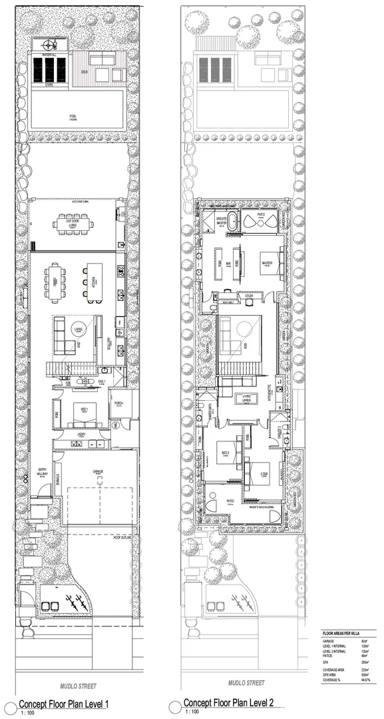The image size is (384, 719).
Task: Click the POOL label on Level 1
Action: [73, 116]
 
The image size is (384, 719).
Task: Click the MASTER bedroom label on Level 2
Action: [267, 262]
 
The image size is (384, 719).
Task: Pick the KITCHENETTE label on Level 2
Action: [269, 391]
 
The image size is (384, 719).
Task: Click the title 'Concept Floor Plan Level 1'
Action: [63, 704]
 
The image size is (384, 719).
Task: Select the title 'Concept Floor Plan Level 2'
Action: [228, 703]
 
